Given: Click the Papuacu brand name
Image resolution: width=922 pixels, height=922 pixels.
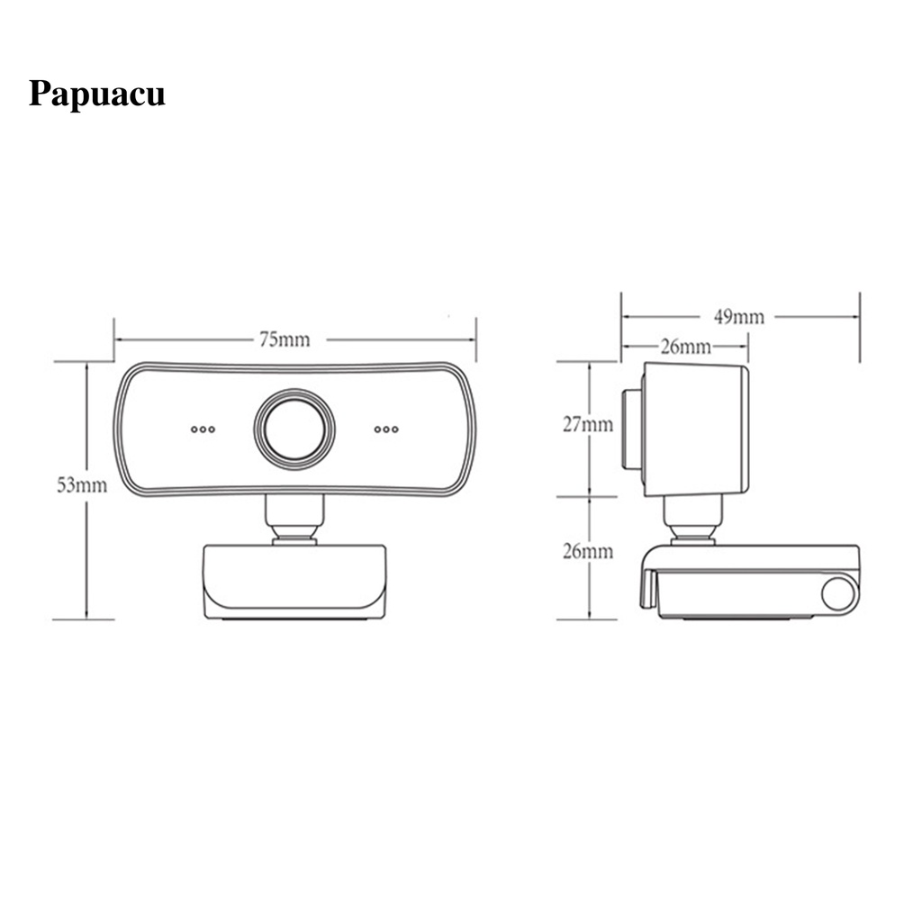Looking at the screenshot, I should click(x=96, y=95).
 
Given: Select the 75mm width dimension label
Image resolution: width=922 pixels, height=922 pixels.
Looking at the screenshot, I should click(x=284, y=339).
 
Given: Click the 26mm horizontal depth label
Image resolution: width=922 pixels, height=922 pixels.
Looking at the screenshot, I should click(x=685, y=346).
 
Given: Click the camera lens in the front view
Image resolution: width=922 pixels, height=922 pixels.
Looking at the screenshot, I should click(x=294, y=429).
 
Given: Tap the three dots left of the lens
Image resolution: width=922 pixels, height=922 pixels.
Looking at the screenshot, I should click(x=203, y=429).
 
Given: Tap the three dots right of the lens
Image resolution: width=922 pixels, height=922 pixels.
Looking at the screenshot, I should click(x=386, y=429).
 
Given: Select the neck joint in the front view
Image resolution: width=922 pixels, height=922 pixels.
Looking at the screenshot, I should click(x=294, y=520).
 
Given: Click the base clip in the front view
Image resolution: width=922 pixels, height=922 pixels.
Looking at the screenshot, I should click(x=294, y=580).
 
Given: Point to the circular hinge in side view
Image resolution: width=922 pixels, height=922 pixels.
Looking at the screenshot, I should click(x=839, y=595).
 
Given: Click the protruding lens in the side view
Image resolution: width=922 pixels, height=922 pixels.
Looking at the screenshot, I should click(x=631, y=429).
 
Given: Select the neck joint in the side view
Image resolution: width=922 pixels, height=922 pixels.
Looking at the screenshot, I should click(x=692, y=520).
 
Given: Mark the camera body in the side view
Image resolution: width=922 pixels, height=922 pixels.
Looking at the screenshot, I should click(x=695, y=429).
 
